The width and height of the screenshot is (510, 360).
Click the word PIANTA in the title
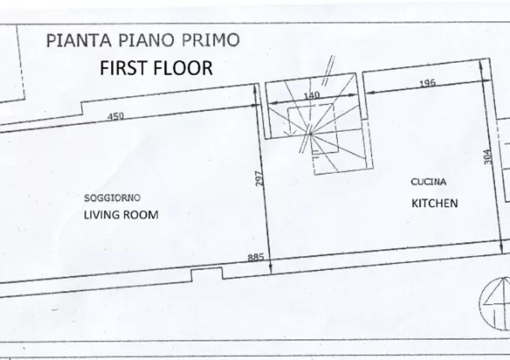point(79,40)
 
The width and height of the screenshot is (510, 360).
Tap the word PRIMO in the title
point(211,40)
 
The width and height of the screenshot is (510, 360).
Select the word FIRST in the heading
point(124,68)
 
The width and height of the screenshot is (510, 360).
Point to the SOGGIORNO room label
point(112,198)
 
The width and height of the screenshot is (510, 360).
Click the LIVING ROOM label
point(121,215)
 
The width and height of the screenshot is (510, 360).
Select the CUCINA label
point(428,181)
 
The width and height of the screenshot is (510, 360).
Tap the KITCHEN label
point(434,203)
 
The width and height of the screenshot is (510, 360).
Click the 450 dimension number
point(115,115)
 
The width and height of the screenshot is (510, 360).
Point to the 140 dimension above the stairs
point(311,95)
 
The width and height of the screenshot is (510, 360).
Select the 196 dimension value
point(427,83)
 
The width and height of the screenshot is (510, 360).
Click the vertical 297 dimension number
point(259,178)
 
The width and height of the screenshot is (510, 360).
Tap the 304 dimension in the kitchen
point(487,157)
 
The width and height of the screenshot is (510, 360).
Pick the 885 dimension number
point(256,257)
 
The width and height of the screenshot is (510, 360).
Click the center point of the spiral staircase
point(310,133)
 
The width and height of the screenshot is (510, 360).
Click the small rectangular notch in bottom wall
point(207,274)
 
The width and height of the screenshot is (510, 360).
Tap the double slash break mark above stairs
point(328,70)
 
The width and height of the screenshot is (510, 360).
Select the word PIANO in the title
point(147,40)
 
